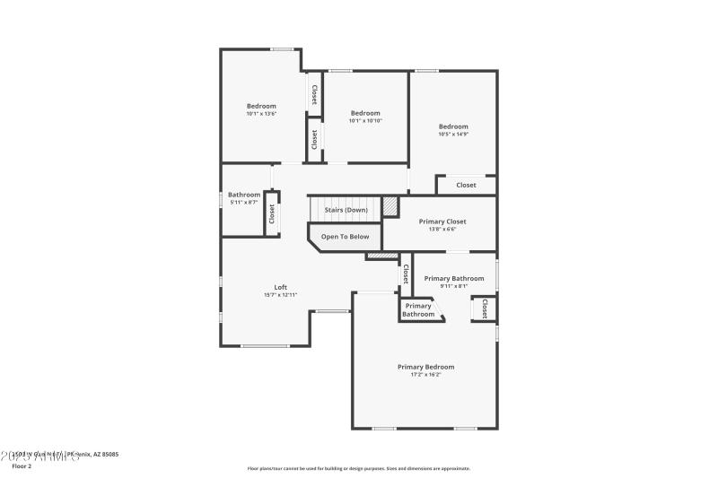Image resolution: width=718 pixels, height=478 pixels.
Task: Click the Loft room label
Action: click(280, 287)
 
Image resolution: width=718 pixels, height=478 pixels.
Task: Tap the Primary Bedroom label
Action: click(425, 367)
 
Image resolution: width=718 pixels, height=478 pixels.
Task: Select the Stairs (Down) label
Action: click(346, 210)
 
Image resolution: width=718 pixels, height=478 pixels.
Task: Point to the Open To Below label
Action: click(345, 237)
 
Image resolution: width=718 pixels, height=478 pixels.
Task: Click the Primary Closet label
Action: click(442, 222)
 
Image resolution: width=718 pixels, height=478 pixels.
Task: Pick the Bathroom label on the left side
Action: click(244, 195)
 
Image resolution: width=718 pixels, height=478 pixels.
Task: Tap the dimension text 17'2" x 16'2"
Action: click(425, 375)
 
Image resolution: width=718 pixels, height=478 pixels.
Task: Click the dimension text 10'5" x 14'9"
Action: click(453, 135)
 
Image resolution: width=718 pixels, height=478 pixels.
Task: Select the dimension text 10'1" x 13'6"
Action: click(261, 114)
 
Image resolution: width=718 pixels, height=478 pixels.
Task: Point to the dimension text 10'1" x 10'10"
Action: click(365, 120)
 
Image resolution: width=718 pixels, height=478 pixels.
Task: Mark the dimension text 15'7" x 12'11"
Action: click(280, 295)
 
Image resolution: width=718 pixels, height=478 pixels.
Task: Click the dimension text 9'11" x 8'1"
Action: click(453, 286)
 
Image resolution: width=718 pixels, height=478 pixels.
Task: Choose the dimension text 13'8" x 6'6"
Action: click(442, 229)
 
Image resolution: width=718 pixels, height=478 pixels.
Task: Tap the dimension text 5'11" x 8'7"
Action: click(244, 203)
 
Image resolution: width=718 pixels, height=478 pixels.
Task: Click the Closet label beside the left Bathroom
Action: click(271, 213)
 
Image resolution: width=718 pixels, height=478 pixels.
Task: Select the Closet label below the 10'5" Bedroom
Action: click(466, 186)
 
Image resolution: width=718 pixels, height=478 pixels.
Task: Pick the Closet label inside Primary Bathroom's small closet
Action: click(485, 309)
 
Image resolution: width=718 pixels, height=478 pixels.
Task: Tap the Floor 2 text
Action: click(21, 466)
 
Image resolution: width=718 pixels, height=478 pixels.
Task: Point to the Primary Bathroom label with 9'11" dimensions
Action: click(453, 278)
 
